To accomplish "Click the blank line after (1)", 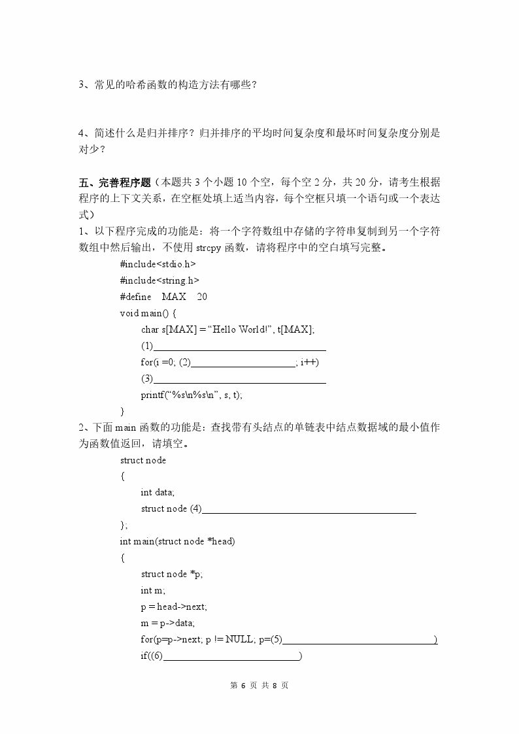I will click(x=239, y=346).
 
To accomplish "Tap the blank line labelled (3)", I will click(x=239, y=379).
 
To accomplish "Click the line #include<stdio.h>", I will click(x=158, y=264).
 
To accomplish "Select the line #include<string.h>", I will click(x=159, y=280).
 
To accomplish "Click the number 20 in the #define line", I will click(x=202, y=297).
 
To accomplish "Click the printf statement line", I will click(x=196, y=395).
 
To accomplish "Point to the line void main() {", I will click(x=148, y=313).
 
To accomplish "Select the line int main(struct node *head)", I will click(x=177, y=542).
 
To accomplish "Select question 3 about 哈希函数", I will click(x=166, y=84).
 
